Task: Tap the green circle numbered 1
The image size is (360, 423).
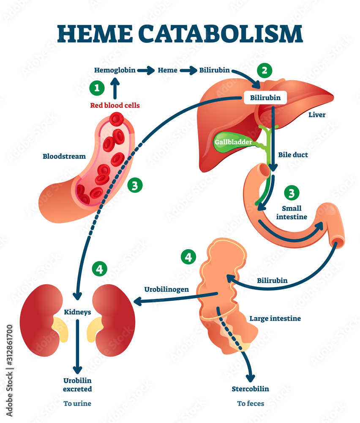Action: [x=97, y=88]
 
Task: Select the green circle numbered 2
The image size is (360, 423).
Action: [x=265, y=70]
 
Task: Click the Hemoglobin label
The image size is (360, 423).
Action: [x=115, y=70]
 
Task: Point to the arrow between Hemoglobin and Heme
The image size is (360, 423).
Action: [x=146, y=71]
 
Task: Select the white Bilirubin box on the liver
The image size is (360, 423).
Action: [x=265, y=98]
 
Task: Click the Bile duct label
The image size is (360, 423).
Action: [x=293, y=155]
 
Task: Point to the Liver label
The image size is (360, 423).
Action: [x=317, y=115]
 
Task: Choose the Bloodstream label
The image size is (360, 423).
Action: [x=64, y=156]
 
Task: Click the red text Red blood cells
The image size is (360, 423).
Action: [x=115, y=105]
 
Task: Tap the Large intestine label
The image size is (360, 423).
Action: [x=275, y=318]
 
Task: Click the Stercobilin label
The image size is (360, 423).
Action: [x=250, y=388]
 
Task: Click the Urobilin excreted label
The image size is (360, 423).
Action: [x=77, y=385]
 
